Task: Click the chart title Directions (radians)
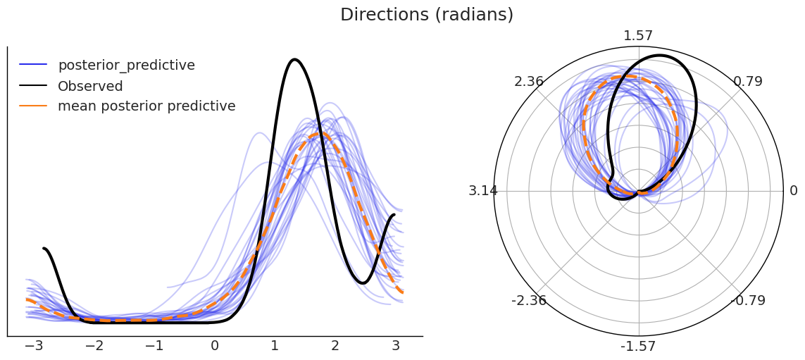(x=427, y=15)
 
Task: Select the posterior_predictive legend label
(x=126, y=66)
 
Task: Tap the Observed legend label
(x=90, y=86)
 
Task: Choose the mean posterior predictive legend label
(x=146, y=106)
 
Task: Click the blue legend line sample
(x=33, y=65)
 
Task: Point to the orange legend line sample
(x=33, y=106)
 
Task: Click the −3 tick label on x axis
(x=34, y=346)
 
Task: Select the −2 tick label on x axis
(x=94, y=346)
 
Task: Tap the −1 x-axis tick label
(x=154, y=346)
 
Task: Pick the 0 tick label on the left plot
(x=215, y=346)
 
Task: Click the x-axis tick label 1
(x=275, y=346)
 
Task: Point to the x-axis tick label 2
(x=335, y=346)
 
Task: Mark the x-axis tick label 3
(x=395, y=346)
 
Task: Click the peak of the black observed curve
(x=294, y=60)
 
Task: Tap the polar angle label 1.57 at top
(x=638, y=36)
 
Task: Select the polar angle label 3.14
(x=482, y=191)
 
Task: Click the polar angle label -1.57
(x=639, y=346)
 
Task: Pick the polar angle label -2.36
(x=529, y=300)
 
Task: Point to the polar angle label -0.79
(x=748, y=300)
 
